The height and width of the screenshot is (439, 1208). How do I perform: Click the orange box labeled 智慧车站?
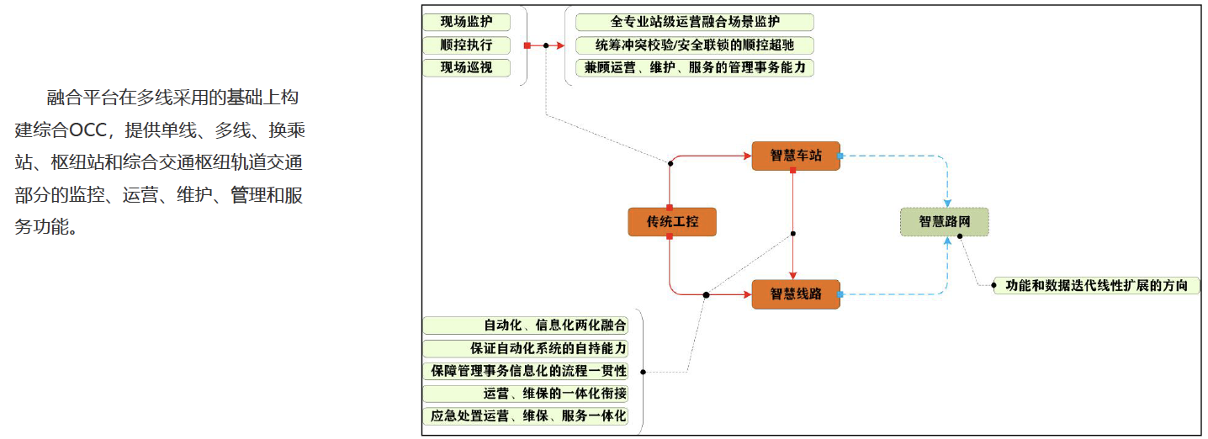pos(796,156)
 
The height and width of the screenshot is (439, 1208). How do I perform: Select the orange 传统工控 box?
pos(672,222)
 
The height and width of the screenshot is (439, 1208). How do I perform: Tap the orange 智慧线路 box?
pos(796,294)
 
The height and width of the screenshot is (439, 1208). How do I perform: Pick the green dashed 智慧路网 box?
pos(945,222)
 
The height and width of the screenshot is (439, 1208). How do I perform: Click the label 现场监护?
pos(467,22)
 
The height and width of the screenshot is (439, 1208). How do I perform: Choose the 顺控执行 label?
pos(467,45)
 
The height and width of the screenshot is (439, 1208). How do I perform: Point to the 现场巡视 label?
pos(467,68)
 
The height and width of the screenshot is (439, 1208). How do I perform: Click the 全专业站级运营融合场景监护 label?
pos(695,22)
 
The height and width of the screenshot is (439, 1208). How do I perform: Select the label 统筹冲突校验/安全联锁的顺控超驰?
pos(695,45)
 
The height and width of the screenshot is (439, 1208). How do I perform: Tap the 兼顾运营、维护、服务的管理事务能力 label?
pos(695,68)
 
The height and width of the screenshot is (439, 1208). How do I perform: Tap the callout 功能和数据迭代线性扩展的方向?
pos(1096,285)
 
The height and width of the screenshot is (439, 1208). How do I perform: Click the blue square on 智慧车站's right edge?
pos(840,156)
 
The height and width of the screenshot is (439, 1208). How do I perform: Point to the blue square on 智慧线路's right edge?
pos(840,294)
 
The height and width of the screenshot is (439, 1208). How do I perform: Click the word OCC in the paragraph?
pos(87,130)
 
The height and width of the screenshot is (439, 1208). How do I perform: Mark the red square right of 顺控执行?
pos(527,46)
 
